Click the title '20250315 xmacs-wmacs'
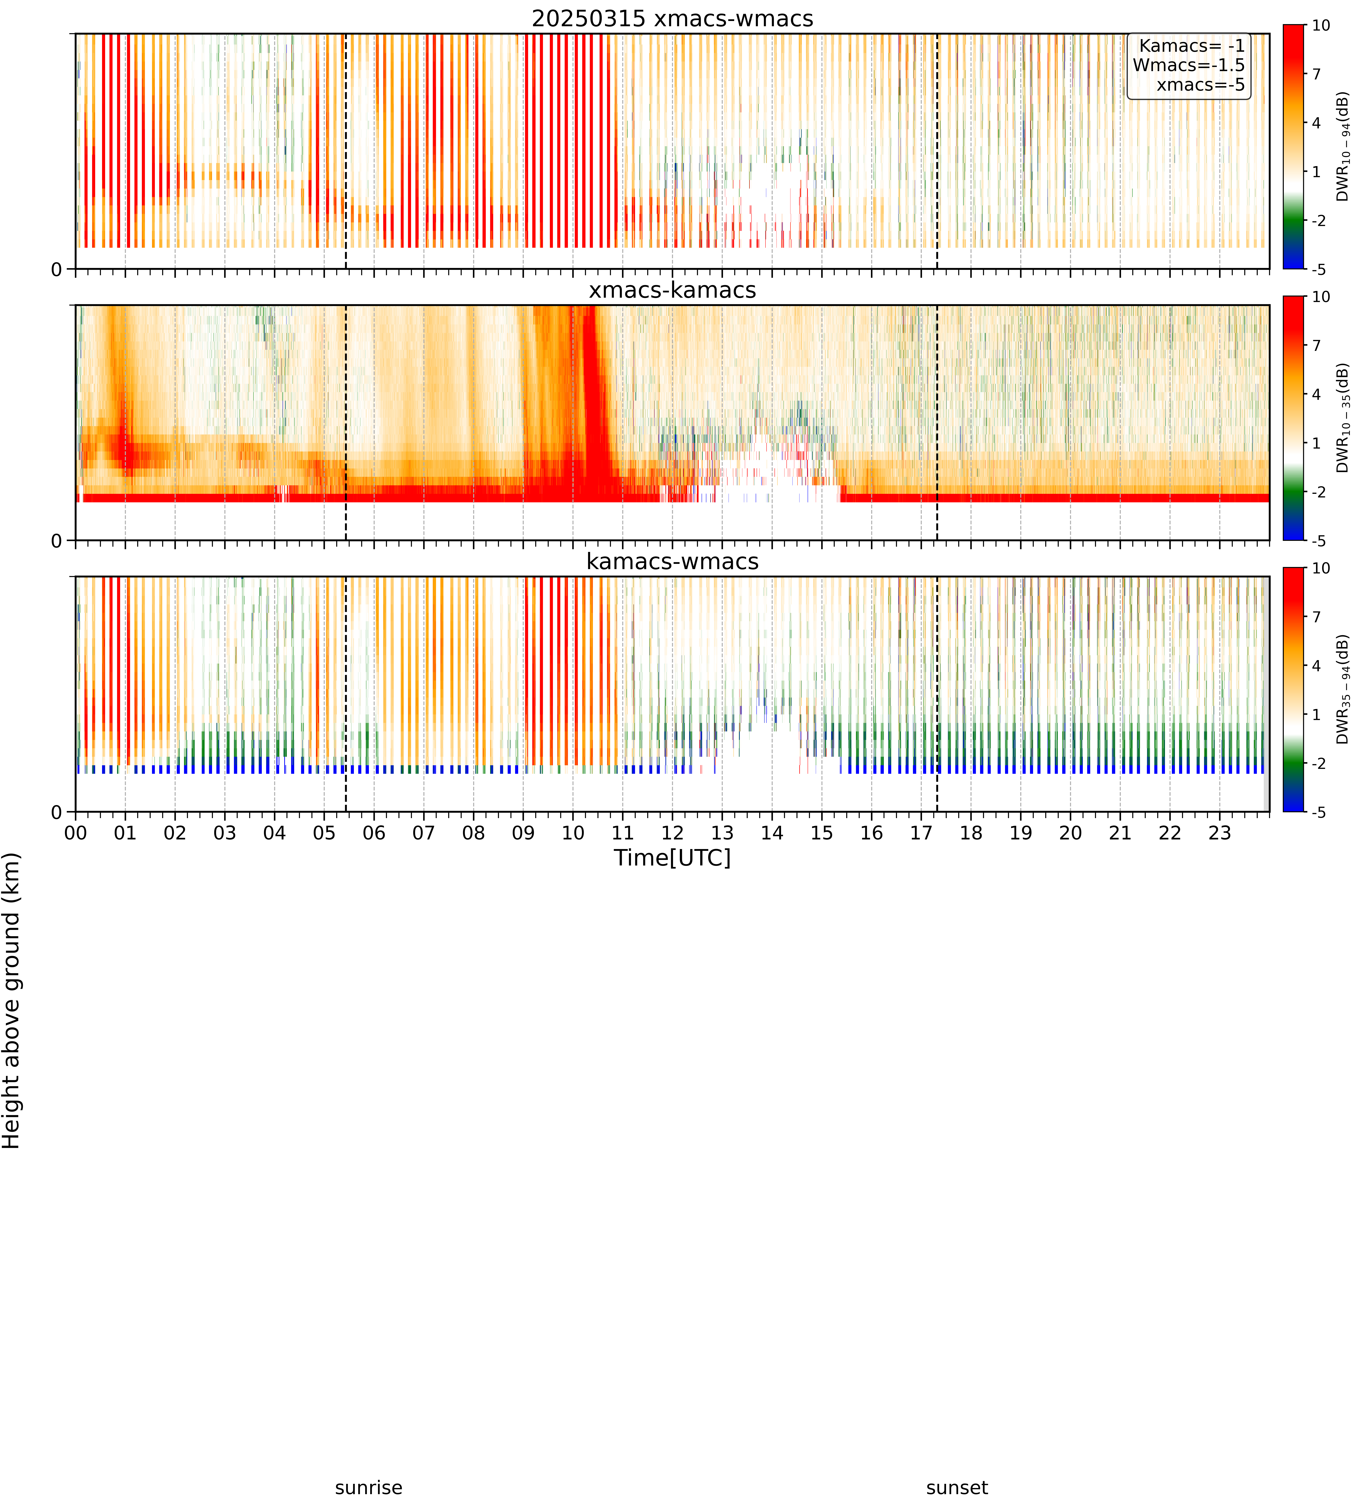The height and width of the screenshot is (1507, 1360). tap(672, 19)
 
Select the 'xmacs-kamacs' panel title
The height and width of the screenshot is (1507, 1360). tap(672, 290)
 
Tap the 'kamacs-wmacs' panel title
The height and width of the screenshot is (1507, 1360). tap(672, 561)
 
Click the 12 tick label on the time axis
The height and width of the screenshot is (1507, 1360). tap(672, 833)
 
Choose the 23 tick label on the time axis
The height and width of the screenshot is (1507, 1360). tap(1220, 833)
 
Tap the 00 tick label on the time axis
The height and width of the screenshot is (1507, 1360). tap(75, 833)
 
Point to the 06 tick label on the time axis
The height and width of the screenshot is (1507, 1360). tap(374, 833)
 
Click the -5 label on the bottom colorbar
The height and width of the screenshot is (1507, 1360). tap(1318, 812)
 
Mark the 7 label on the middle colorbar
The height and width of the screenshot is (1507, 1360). tap(1317, 345)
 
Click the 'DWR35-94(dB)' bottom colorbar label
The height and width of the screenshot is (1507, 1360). tap(1343, 689)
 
